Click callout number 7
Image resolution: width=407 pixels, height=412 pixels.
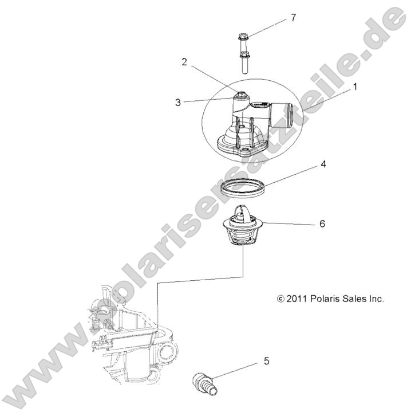tap(293, 18)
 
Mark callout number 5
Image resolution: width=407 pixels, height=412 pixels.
tap(266, 361)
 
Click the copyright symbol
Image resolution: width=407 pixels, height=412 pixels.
tap(280, 299)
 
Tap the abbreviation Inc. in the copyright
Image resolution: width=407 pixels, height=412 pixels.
tap(378, 299)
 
